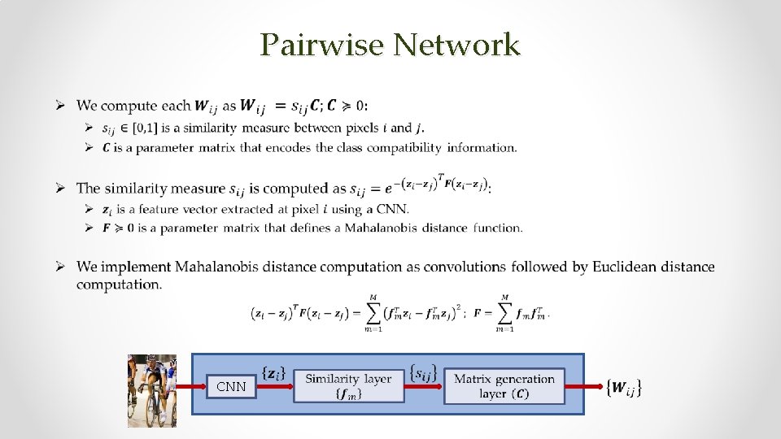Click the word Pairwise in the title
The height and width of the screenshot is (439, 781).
(x=321, y=45)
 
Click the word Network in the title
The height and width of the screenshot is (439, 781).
(x=456, y=45)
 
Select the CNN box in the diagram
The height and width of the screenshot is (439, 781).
(x=231, y=387)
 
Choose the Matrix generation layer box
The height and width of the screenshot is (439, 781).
(x=504, y=385)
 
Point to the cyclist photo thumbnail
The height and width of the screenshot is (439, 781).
(x=152, y=390)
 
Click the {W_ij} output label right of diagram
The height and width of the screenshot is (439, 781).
(x=625, y=389)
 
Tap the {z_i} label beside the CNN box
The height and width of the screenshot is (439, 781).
(x=275, y=372)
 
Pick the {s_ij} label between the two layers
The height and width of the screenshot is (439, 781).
(x=423, y=372)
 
